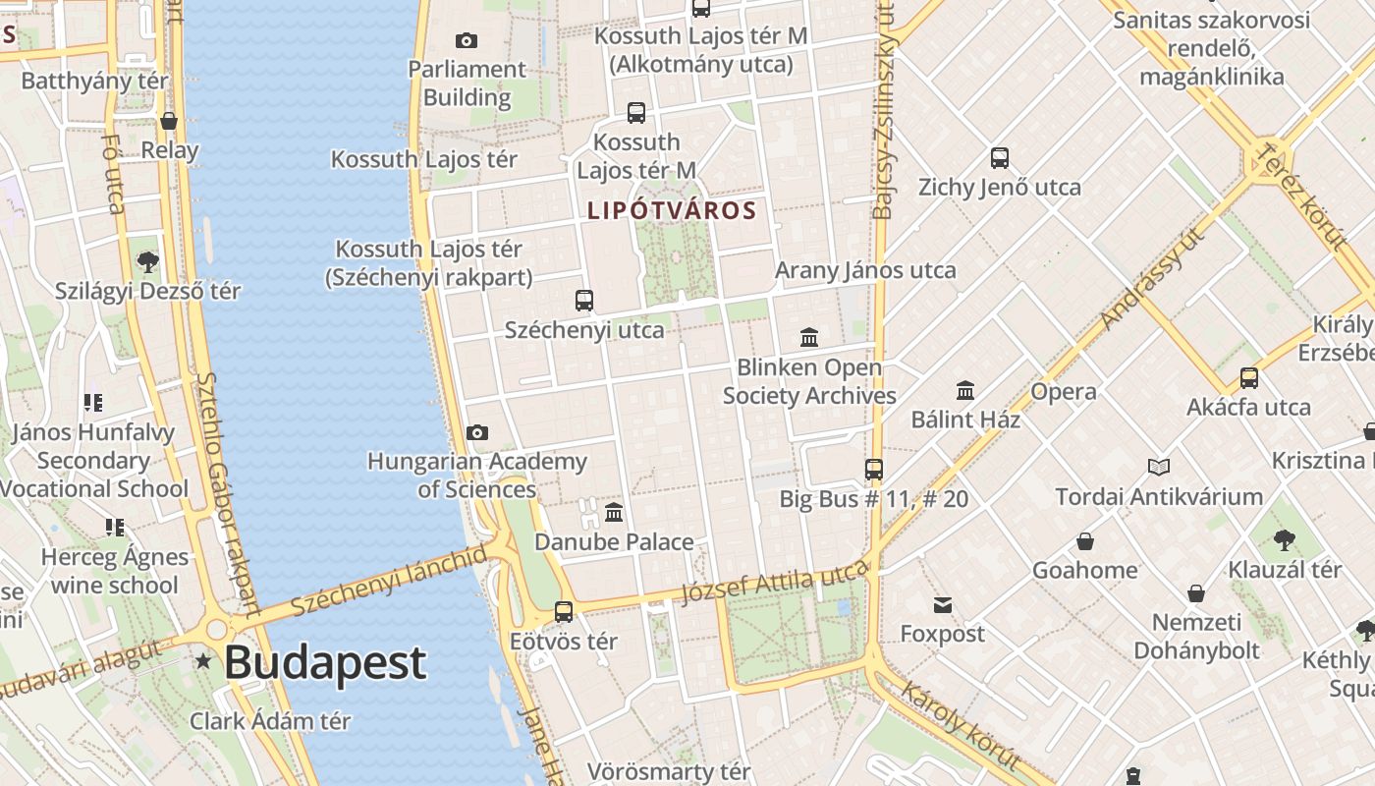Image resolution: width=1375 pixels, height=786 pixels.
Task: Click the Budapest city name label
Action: (x=325, y=663)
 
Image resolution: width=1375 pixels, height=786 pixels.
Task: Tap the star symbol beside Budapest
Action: (x=203, y=661)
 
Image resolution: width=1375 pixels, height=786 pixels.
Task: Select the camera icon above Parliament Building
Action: (x=467, y=40)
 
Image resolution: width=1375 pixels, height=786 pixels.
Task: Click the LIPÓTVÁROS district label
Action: (x=672, y=210)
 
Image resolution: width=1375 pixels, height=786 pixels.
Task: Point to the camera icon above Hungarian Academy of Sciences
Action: (x=477, y=432)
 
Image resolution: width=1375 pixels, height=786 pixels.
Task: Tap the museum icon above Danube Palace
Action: (x=614, y=512)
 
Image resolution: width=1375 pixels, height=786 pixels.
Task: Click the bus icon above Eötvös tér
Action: (x=564, y=611)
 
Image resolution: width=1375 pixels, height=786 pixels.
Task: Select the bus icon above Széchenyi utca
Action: (x=584, y=300)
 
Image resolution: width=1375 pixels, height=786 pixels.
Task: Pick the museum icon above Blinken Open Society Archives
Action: (x=809, y=338)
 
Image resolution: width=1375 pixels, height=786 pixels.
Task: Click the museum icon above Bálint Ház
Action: (x=965, y=391)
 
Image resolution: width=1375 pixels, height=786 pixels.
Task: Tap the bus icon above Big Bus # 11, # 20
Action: (x=874, y=469)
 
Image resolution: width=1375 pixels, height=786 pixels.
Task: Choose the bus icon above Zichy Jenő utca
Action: (x=1000, y=157)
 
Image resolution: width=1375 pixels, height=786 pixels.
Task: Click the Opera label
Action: (x=1064, y=391)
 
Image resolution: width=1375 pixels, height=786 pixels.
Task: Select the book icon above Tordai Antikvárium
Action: (x=1159, y=467)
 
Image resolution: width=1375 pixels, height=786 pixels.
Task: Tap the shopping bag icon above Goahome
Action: (x=1085, y=541)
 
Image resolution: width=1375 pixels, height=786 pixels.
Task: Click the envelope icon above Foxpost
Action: (x=943, y=604)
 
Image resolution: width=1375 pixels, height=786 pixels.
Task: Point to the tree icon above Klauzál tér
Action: (x=1284, y=539)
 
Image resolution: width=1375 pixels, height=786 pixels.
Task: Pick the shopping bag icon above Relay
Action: (x=169, y=121)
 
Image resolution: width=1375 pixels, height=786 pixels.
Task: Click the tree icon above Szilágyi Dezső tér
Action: (x=148, y=261)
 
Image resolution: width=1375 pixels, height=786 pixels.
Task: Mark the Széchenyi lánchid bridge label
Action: (x=389, y=581)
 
